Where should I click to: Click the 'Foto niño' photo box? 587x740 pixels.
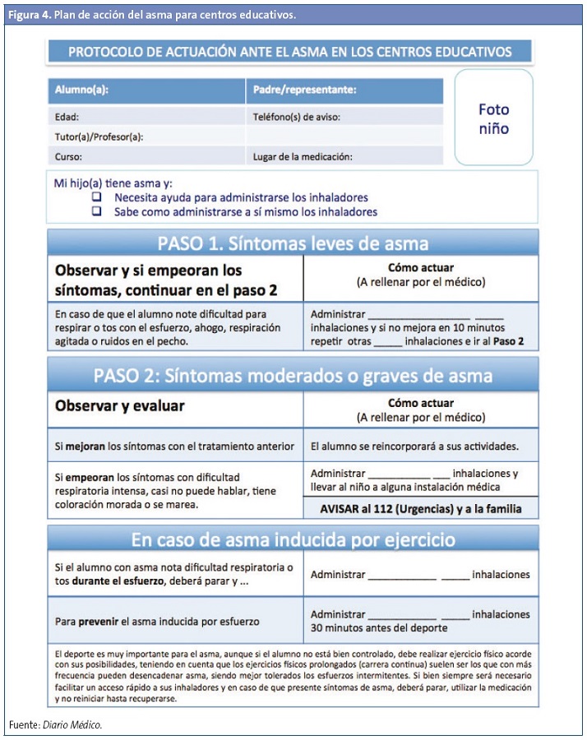pyautogui.click(x=493, y=118)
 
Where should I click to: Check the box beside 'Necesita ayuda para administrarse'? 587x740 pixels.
pyautogui.click(x=96, y=197)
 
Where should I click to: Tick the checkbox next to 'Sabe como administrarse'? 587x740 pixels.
pyautogui.click(x=96, y=211)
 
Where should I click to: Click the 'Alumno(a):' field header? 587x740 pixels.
pyautogui.click(x=81, y=90)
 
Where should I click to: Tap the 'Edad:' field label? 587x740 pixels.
pyautogui.click(x=67, y=117)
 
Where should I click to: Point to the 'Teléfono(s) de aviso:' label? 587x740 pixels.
pyautogui.click(x=296, y=117)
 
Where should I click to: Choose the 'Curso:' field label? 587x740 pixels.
pyautogui.click(x=68, y=156)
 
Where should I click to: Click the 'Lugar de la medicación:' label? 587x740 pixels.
pyautogui.click(x=303, y=156)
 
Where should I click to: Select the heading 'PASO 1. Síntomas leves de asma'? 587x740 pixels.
pyautogui.click(x=293, y=243)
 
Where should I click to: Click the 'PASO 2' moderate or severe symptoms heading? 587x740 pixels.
pyautogui.click(x=293, y=376)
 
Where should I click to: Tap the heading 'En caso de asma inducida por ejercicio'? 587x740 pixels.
pyautogui.click(x=293, y=539)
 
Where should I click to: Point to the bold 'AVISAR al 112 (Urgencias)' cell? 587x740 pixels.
pyautogui.click(x=421, y=509)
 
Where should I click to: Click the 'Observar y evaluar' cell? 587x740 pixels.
pyautogui.click(x=120, y=405)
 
